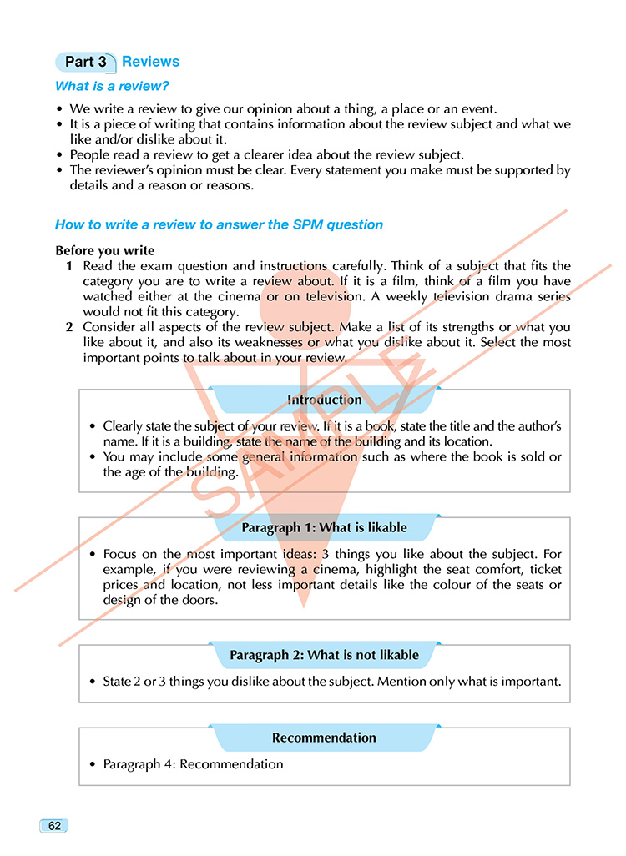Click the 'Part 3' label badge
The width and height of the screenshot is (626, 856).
point(85,62)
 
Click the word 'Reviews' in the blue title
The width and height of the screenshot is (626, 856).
point(150,62)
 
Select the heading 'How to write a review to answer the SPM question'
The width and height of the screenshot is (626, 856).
point(219,224)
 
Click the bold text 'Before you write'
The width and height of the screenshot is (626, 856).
point(105,250)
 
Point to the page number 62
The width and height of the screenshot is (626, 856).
point(53,826)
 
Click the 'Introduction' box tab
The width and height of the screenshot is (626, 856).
point(324,400)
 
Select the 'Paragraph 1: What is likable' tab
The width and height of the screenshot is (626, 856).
point(324,527)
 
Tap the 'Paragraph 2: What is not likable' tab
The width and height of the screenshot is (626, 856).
point(324,655)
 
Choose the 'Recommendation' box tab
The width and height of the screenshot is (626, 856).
point(324,738)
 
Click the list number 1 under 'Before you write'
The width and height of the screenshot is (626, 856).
point(70,266)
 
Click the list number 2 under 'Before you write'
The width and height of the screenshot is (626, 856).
point(70,327)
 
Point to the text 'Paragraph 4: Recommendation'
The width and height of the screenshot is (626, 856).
point(193,764)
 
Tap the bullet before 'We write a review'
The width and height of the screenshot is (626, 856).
point(59,109)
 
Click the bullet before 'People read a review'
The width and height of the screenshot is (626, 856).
point(59,155)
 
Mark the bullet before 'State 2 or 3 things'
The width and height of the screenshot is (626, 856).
point(93,682)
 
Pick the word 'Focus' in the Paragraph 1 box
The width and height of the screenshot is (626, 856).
point(120,554)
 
